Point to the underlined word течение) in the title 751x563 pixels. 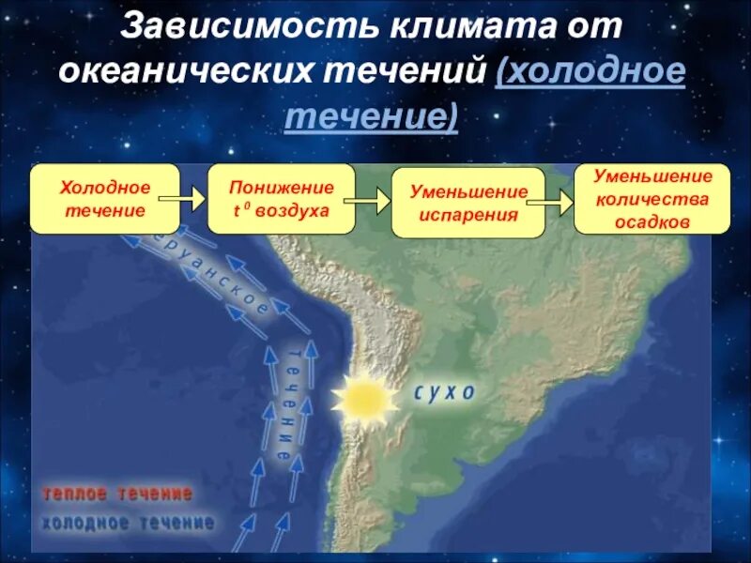pos(372,117)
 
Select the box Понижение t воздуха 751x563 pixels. pos(281,199)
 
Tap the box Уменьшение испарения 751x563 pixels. pos(467,203)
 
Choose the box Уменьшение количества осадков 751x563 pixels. pos(651,199)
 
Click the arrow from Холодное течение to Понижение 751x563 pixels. pos(181,198)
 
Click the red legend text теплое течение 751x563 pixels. pos(117,494)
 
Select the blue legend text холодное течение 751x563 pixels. pos(128,523)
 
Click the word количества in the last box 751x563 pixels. pos(651,199)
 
